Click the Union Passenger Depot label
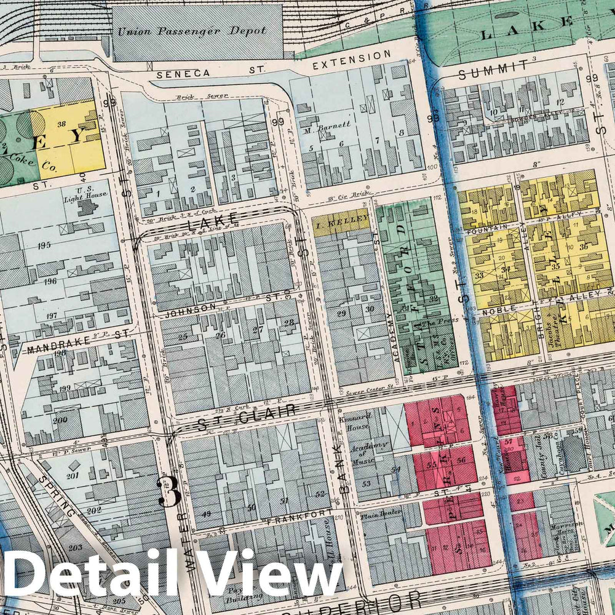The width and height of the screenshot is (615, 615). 192,31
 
